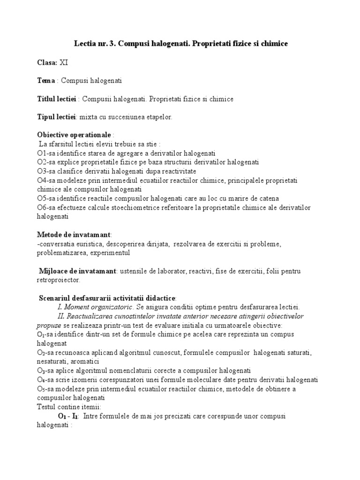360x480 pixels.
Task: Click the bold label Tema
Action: [x=46, y=81]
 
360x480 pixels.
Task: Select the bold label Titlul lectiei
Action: [x=57, y=99]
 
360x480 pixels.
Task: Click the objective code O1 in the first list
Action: [x=41, y=153]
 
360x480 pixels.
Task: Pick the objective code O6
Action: [x=41, y=207]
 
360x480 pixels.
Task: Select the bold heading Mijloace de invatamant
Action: [x=78, y=271]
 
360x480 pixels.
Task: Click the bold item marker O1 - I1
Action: [x=68, y=416]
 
